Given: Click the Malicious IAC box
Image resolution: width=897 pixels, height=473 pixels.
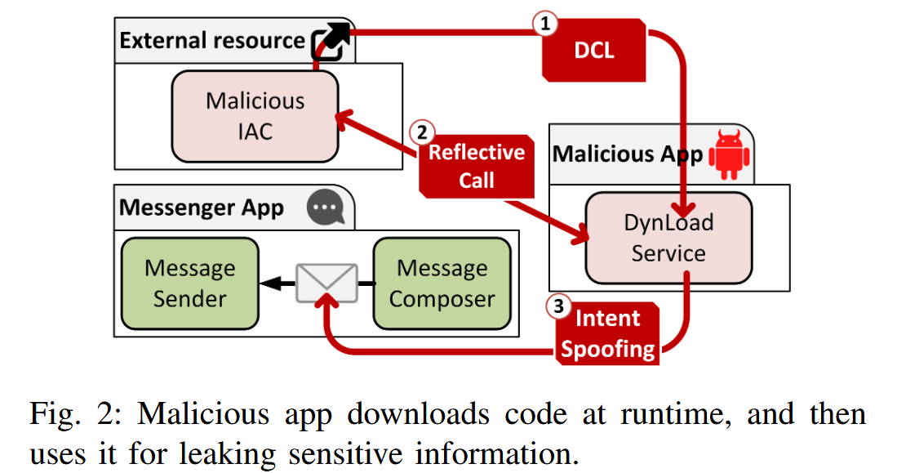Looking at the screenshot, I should click(x=255, y=115).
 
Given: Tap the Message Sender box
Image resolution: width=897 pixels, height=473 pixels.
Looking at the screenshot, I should click(x=189, y=283).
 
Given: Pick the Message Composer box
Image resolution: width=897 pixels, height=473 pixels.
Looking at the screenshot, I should click(x=442, y=283).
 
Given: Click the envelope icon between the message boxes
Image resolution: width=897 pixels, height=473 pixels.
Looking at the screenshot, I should click(x=326, y=283).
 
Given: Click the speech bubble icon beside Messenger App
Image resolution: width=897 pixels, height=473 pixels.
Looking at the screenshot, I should click(x=326, y=208).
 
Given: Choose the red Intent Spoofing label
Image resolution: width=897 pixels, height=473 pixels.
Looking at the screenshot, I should click(x=609, y=333).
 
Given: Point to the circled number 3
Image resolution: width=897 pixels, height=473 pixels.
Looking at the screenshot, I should click(x=557, y=307).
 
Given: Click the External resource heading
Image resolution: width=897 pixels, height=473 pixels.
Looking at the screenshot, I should click(x=212, y=41).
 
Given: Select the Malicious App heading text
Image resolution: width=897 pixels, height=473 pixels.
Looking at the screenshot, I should click(x=628, y=154).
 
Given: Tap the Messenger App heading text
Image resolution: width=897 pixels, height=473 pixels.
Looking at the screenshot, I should click(x=202, y=207).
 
